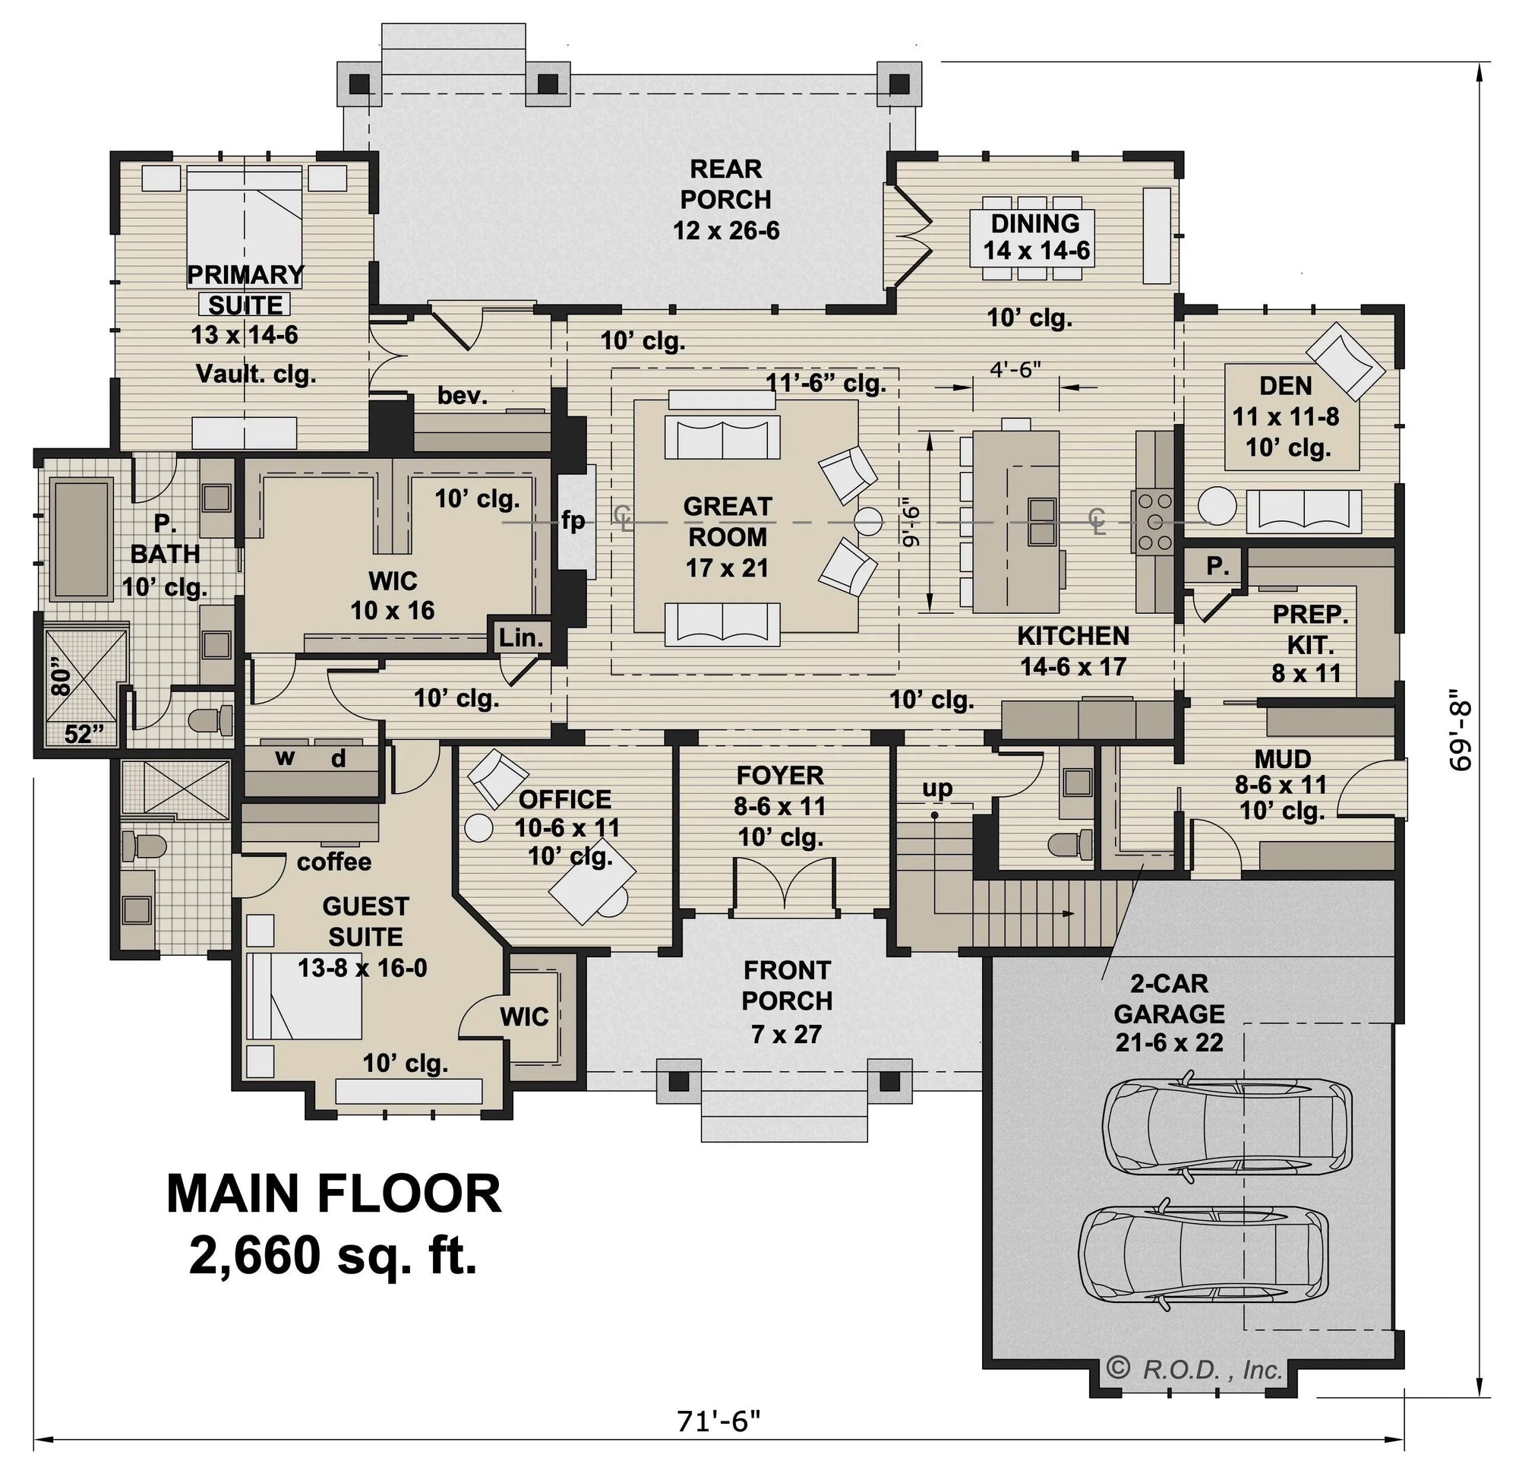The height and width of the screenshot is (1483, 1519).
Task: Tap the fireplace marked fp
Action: (x=575, y=520)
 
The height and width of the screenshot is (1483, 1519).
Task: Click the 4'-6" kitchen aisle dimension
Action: (x=1015, y=370)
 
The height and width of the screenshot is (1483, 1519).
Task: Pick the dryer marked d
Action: (x=338, y=758)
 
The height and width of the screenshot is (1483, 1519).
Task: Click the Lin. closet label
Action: (x=521, y=638)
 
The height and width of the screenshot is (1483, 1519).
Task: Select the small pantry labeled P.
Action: (x=1217, y=566)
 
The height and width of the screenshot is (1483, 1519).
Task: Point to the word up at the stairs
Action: (x=936, y=789)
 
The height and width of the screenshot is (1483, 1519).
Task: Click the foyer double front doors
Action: (x=785, y=885)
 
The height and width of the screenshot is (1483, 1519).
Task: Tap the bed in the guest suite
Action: (x=305, y=996)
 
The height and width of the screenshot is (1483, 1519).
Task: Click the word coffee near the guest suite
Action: (x=334, y=862)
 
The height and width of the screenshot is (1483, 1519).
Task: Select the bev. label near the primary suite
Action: (x=463, y=396)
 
